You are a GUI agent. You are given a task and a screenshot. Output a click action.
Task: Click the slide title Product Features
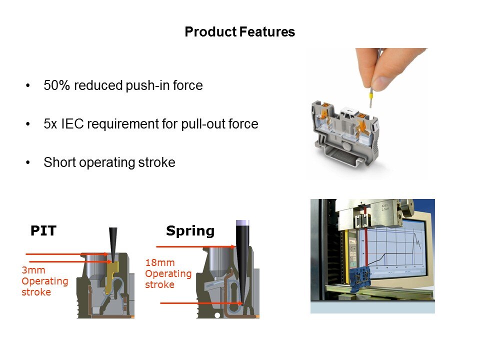tap(239, 32)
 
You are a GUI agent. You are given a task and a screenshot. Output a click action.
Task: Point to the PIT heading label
tap(43, 231)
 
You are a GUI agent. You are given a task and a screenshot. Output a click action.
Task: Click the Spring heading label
tap(190, 231)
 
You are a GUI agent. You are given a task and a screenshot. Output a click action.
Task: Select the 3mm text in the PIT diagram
tap(33, 270)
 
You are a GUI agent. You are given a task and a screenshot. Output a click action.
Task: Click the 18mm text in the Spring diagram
tap(160, 262)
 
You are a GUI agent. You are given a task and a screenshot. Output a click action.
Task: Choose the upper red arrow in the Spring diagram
tap(196, 246)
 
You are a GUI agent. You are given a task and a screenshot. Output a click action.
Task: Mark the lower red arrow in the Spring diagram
tap(201, 303)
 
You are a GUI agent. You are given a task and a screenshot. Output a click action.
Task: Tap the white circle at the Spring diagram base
tap(217, 315)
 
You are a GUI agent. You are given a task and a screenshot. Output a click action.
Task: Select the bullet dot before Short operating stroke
tap(28, 162)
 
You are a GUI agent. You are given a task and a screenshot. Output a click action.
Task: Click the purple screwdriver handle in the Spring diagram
tap(242, 223)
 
